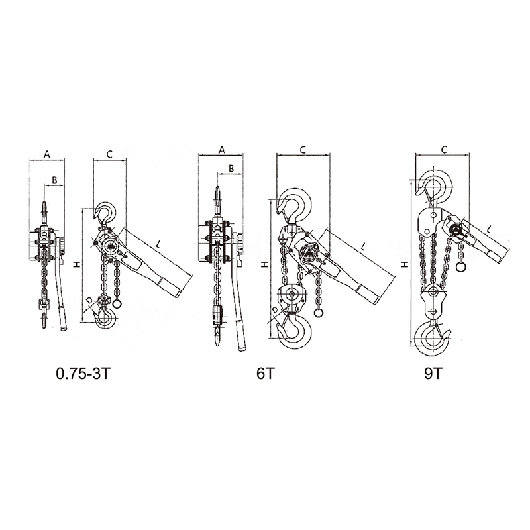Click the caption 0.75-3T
coord(83,374)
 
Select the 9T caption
coord(433,374)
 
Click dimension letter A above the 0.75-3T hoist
coord(47,154)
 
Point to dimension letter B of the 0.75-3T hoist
coord(54,180)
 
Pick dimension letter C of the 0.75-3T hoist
coord(109,154)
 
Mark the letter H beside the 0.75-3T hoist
coord(78,264)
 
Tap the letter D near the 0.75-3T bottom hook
coord(89,300)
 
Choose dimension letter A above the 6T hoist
coord(222,150)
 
